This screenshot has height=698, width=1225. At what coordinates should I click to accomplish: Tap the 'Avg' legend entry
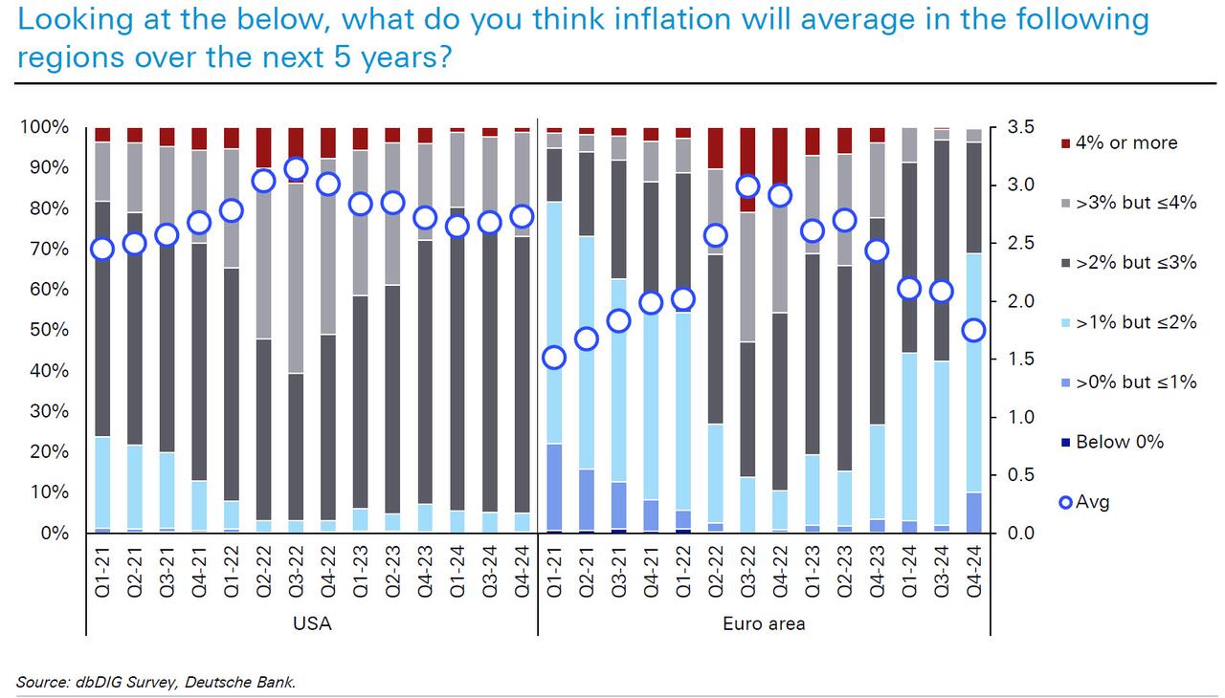(x=1092, y=501)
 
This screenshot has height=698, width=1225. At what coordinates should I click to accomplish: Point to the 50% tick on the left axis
(x=48, y=330)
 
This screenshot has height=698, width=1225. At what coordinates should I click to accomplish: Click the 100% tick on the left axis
(x=44, y=127)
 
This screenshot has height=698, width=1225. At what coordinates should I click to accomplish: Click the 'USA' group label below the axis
(x=311, y=624)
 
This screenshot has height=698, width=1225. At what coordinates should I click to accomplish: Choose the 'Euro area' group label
(x=763, y=624)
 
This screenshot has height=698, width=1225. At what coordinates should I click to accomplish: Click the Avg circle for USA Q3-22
(x=296, y=169)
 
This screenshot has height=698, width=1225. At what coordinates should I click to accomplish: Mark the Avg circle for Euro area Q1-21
(x=554, y=358)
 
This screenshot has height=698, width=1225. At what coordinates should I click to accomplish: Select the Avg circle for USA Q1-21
(x=102, y=249)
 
